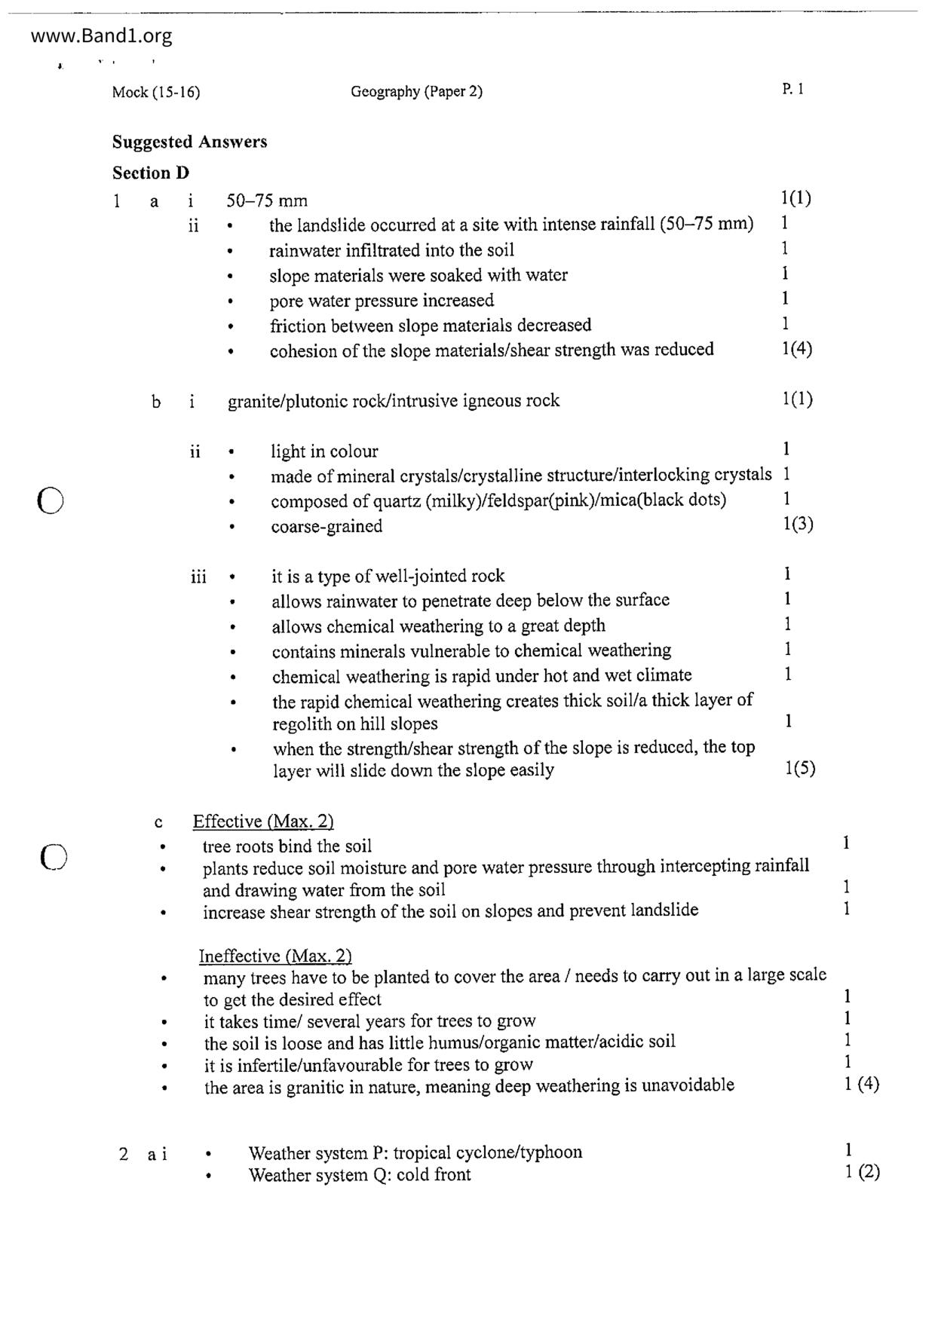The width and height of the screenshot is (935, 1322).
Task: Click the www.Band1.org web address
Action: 102,35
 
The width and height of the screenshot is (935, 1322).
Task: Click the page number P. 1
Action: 792,89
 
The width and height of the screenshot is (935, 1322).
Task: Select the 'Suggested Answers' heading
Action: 189,142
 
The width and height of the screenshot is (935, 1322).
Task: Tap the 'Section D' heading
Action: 151,173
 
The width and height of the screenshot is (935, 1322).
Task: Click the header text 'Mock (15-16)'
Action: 156,92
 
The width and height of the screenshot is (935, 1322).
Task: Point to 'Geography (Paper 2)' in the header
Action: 416,91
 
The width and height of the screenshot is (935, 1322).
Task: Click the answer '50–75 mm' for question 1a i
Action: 267,200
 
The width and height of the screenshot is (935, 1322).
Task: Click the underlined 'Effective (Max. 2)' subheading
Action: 263,821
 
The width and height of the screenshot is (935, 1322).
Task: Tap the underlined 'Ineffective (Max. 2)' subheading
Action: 275,956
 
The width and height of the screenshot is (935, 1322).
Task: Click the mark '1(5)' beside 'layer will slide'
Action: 800,769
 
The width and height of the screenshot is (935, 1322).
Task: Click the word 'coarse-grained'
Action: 326,526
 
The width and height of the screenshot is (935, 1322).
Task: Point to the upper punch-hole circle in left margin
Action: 50,500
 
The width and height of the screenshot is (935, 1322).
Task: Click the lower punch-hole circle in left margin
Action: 54,856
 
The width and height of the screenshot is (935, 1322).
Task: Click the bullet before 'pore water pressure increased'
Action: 231,301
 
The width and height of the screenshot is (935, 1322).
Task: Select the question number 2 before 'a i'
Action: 124,1153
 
